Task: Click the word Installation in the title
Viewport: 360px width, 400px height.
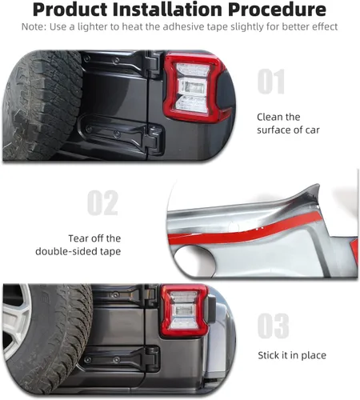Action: pos(167,10)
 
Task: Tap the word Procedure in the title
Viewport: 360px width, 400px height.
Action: pos(277,10)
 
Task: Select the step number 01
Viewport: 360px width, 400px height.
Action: pos(271,82)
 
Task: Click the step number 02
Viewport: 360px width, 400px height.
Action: pos(102,202)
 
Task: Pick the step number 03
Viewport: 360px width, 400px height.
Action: pos(274,326)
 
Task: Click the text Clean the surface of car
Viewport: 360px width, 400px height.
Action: pos(288,123)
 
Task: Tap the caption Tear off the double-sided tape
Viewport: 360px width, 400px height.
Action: pos(78,245)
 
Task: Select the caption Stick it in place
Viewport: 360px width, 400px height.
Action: pos(292,355)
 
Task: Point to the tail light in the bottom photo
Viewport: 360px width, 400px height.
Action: pos(185,310)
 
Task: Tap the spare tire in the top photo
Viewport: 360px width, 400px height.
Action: pos(42,105)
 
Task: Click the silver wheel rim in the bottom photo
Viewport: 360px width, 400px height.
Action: pos(16,321)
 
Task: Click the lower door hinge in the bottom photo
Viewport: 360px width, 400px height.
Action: pos(120,358)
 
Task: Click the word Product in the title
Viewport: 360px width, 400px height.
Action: pos(70,10)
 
